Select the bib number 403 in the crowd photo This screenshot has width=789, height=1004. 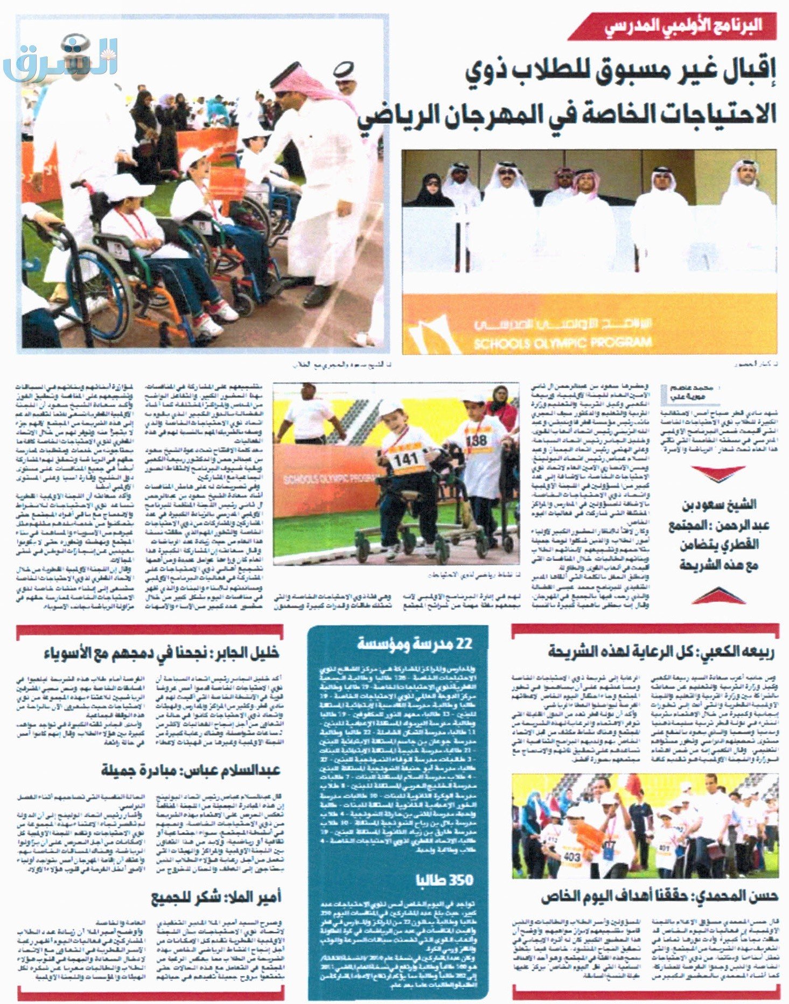(x=571, y=856)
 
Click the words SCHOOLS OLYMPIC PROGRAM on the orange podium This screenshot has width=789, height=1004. (x=562, y=342)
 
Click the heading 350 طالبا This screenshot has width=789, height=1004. (x=447, y=880)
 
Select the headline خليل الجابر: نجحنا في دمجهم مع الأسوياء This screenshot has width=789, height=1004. (x=162, y=653)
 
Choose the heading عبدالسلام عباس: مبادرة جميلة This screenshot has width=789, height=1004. (x=191, y=770)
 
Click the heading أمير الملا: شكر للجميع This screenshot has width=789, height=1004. (x=215, y=897)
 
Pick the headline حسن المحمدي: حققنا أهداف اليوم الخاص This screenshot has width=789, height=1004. (x=660, y=896)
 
